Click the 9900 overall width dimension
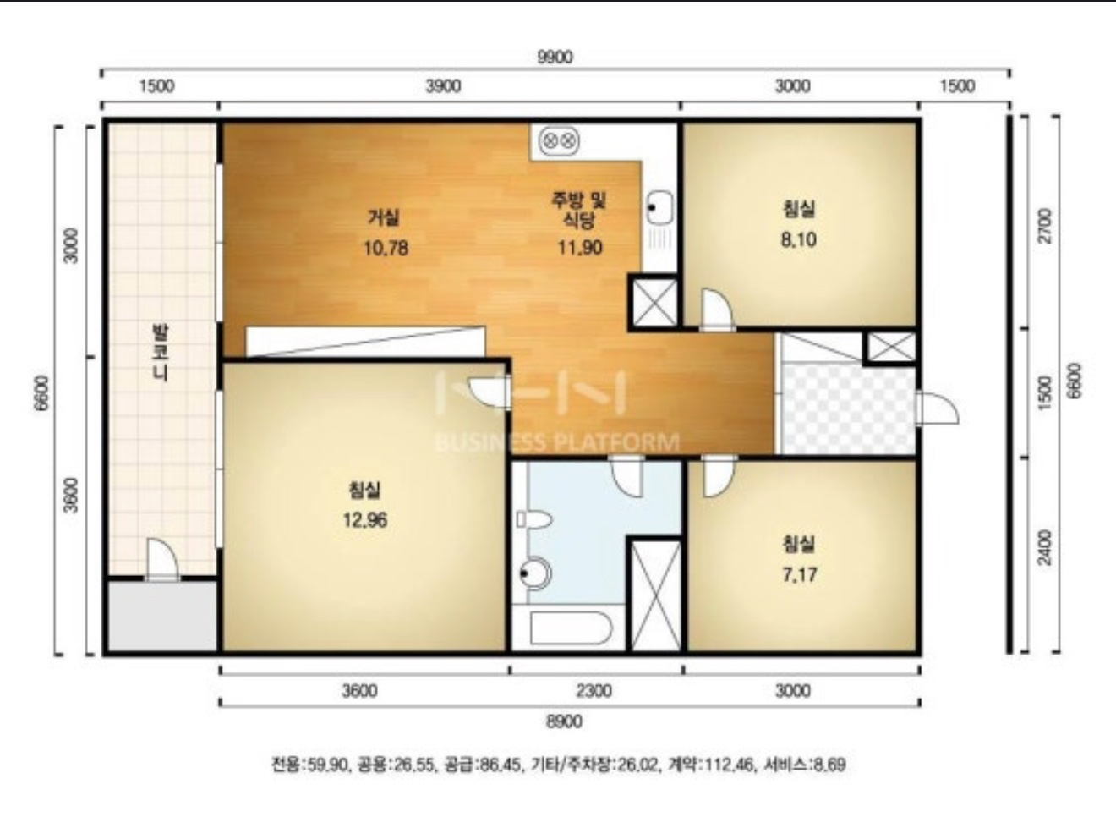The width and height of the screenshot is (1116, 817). tap(555, 58)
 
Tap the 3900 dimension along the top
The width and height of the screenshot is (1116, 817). tap(443, 86)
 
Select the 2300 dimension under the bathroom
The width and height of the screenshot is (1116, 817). tap(594, 691)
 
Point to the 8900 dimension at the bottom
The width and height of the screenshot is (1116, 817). tap(564, 721)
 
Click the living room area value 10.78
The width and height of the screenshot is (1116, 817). tap(386, 248)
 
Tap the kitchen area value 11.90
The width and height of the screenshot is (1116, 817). tap(580, 247)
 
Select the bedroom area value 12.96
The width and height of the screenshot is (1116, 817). tap(365, 520)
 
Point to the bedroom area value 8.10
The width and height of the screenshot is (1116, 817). tap(798, 239)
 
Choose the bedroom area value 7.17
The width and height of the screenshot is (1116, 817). tap(799, 575)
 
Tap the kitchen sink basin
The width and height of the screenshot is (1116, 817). tap(659, 207)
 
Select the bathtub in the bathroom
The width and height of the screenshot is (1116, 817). tap(571, 628)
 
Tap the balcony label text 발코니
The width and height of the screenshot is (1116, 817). tap(161, 353)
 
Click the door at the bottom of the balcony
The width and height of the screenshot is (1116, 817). tap(162, 560)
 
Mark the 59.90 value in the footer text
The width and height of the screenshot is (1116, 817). tap(325, 765)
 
